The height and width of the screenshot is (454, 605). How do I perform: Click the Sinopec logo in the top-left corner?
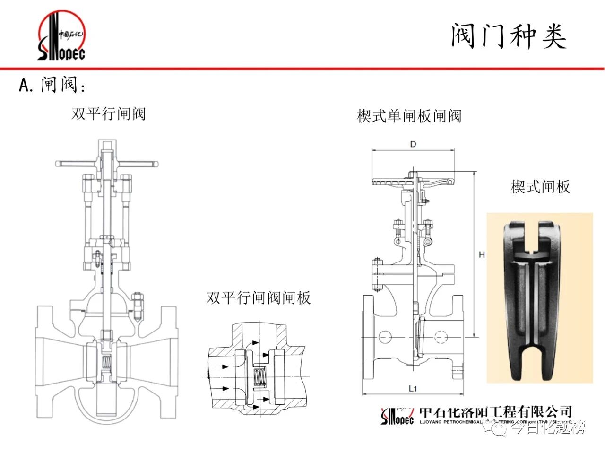[61, 37]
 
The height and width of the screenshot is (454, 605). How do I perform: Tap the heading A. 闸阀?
[52, 85]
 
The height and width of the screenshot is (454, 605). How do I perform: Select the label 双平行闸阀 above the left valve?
[109, 114]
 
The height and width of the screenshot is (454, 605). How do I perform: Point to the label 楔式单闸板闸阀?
[409, 116]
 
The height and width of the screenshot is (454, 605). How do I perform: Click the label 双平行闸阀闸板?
[259, 298]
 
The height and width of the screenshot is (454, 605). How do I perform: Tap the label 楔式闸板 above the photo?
[540, 187]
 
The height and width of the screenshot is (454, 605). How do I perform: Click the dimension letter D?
[413, 144]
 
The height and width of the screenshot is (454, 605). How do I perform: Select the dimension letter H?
[482, 255]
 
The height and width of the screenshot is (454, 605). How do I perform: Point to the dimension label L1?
[413, 389]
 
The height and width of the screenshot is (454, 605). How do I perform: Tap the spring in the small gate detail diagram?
[259, 376]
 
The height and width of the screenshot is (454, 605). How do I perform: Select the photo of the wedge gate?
[539, 297]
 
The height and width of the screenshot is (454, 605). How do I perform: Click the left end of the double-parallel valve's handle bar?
[59, 164]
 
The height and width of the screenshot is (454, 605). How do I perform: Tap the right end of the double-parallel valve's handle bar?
[154, 164]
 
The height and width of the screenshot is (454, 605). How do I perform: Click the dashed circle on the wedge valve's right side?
[441, 336]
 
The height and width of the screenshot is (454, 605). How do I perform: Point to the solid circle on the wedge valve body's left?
[385, 336]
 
